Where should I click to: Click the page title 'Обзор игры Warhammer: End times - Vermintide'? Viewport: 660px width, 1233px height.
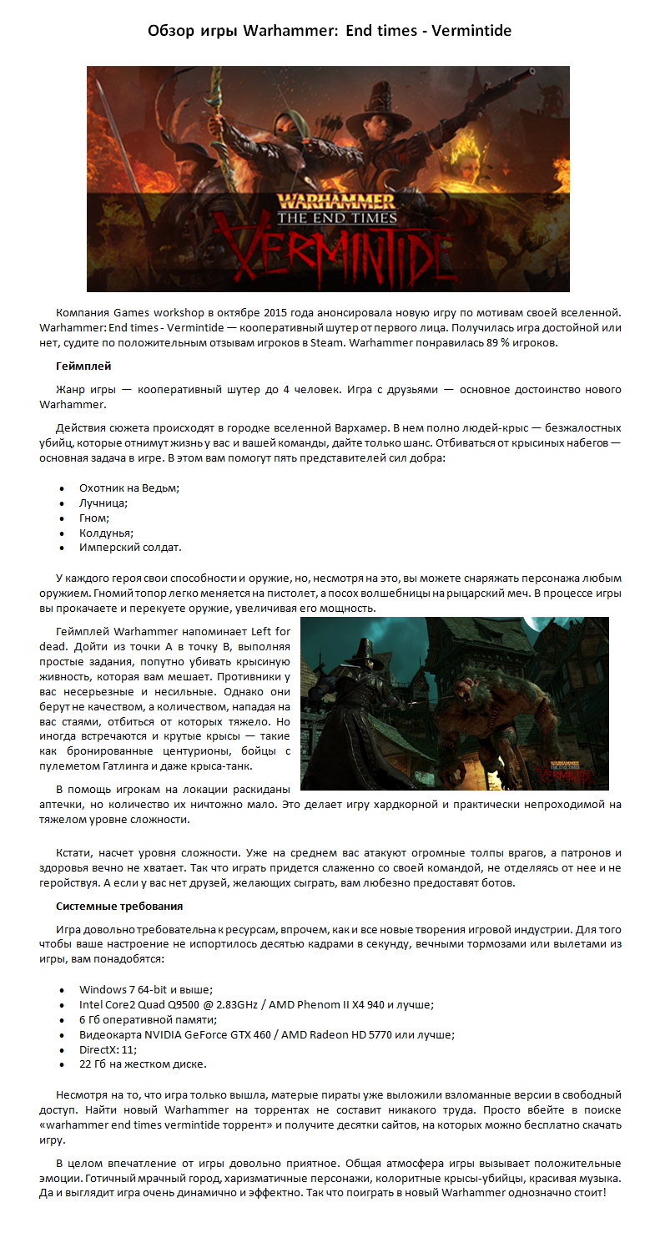pos(330,31)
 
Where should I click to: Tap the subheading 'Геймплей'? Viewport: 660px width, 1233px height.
pos(83,366)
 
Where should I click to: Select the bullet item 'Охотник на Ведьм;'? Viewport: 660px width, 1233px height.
pos(129,488)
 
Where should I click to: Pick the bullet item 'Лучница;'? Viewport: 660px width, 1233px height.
pos(103,503)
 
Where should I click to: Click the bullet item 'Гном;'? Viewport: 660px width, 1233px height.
pos(94,518)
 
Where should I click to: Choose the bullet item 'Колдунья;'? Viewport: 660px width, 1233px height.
pos(107,533)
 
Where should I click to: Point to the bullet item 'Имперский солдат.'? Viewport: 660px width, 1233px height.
pos(130,548)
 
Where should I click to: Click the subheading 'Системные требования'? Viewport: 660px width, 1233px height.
pos(119,906)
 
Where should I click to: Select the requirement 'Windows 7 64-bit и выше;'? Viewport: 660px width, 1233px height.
pos(146,989)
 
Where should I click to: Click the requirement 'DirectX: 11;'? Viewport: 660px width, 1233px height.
pos(108,1049)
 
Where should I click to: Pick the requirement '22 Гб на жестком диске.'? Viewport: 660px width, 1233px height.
pos(143,1064)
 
